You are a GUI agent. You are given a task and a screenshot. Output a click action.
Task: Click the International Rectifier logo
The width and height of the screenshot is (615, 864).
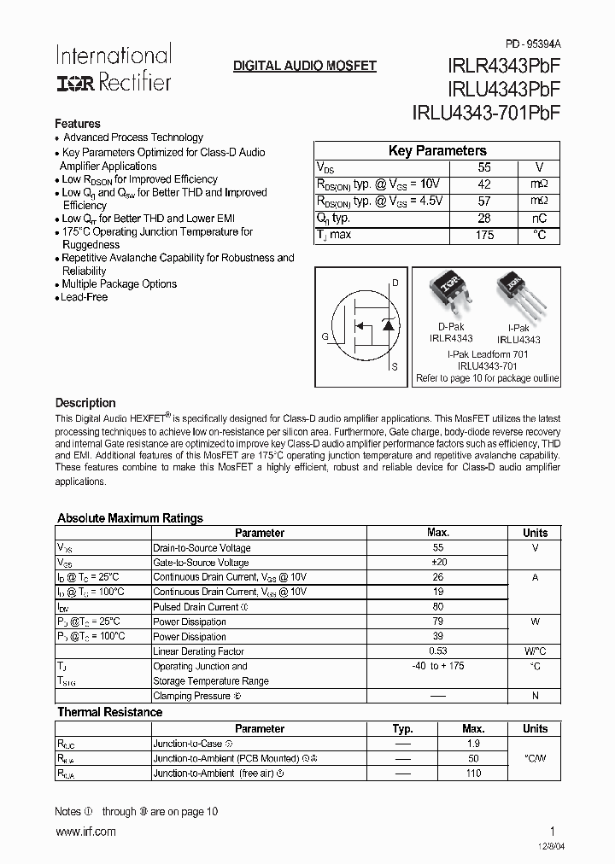click(x=114, y=68)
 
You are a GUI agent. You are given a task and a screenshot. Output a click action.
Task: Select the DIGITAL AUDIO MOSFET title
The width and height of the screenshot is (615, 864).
click(x=305, y=66)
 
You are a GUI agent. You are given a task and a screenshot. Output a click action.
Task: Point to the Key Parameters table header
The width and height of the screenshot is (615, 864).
click(x=437, y=151)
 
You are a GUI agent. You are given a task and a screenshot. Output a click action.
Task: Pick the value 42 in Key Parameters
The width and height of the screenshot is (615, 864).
click(x=484, y=184)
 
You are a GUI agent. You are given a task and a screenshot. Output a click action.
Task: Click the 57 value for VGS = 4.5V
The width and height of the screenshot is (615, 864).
click(x=484, y=201)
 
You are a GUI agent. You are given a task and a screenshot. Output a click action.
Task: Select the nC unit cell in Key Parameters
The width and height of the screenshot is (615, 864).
click(x=538, y=218)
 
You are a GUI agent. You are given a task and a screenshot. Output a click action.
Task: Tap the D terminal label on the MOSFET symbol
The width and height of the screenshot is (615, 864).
click(x=395, y=283)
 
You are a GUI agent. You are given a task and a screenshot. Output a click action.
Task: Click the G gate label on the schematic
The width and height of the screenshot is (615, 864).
click(x=325, y=336)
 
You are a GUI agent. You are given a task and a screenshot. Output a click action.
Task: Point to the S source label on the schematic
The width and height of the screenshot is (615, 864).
click(x=394, y=367)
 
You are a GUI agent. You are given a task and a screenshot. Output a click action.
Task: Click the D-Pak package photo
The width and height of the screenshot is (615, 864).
click(x=449, y=295)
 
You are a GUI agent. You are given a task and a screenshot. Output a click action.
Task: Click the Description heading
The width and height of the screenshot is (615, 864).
click(x=85, y=403)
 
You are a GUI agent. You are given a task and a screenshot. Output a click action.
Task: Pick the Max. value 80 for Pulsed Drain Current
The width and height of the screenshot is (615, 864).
click(x=437, y=607)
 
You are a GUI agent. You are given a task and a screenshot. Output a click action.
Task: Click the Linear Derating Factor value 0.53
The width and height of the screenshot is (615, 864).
click(x=437, y=651)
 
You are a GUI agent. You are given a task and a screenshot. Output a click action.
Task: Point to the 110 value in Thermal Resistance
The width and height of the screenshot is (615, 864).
click(x=472, y=774)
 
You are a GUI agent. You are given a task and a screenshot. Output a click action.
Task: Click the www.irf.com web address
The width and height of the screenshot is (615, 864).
click(x=85, y=832)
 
